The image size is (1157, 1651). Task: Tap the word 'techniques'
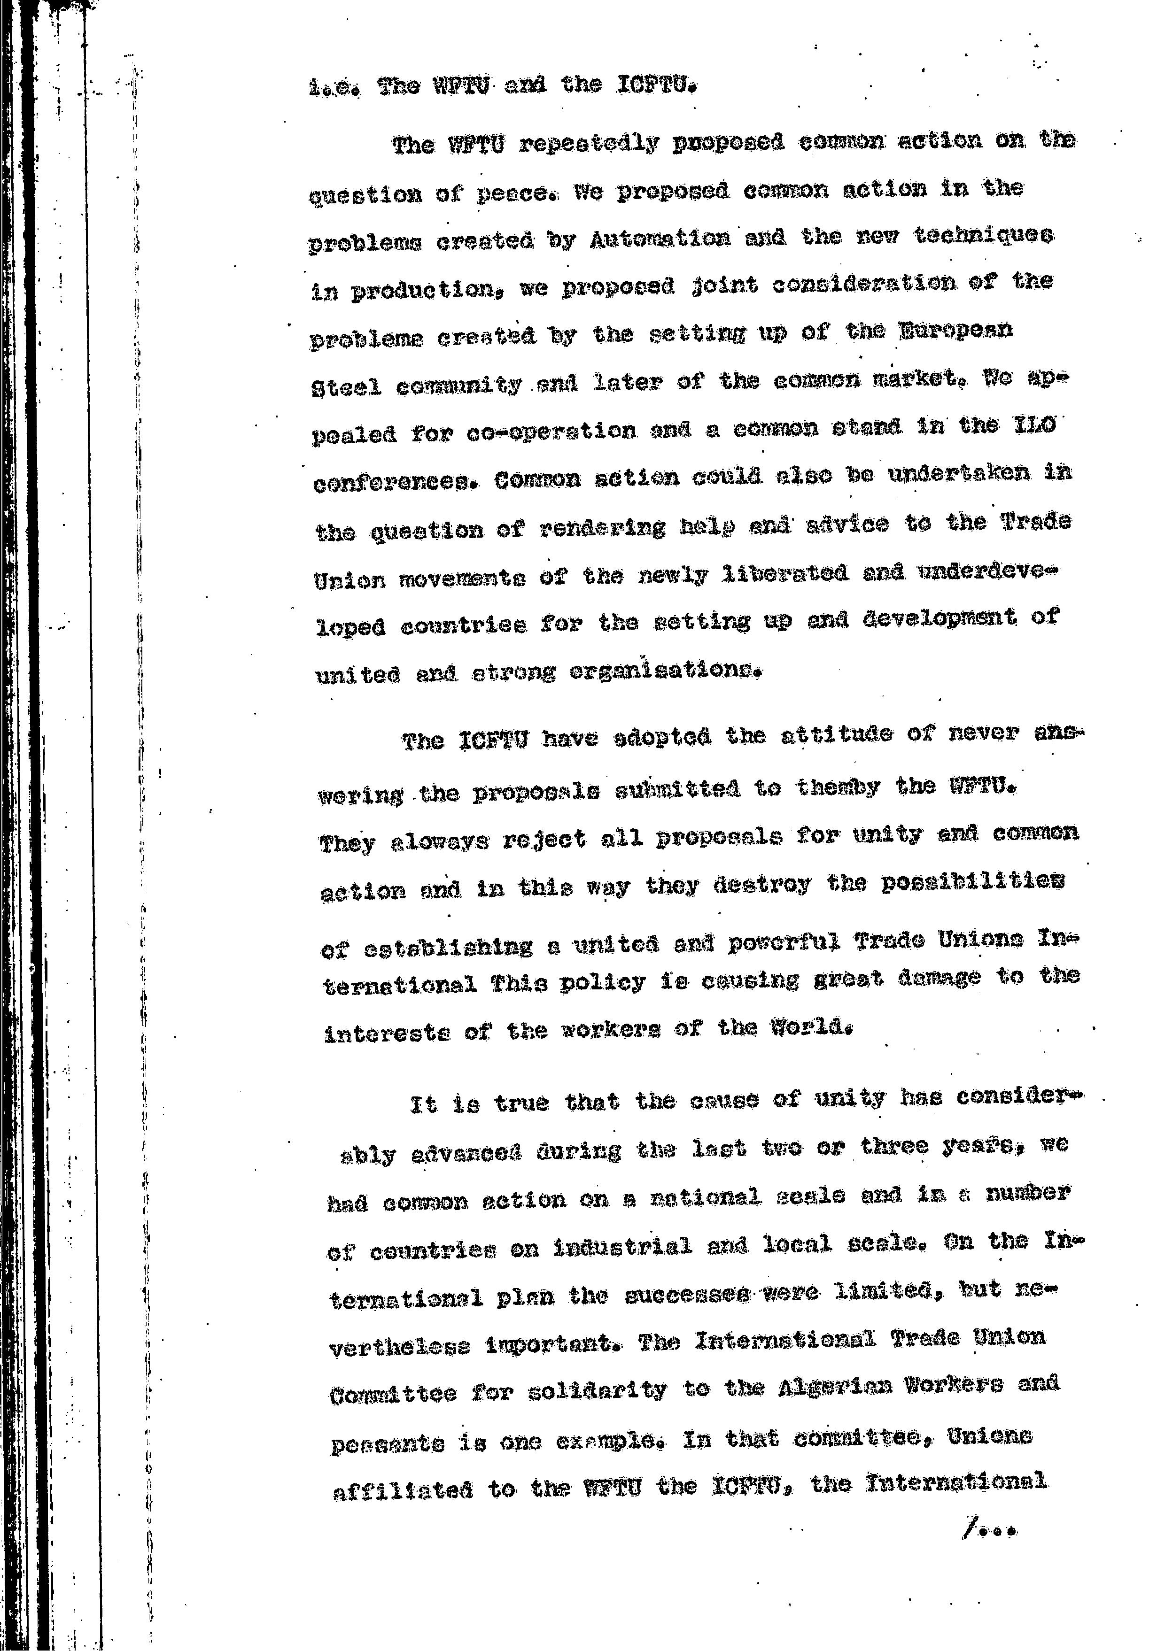[984, 235]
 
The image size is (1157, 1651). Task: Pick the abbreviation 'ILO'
[1033, 426]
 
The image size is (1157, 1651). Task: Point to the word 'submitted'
[677, 789]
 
